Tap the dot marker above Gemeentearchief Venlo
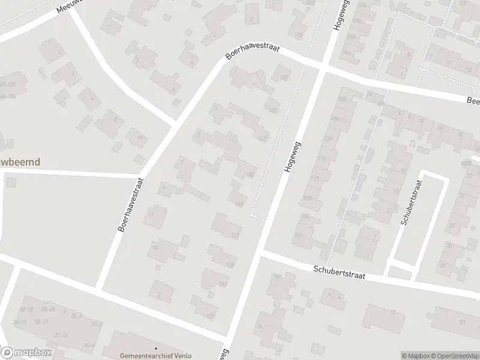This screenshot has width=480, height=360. (x=155, y=347)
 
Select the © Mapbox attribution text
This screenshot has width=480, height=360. (x=415, y=356)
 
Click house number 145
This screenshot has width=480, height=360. (x=250, y=175)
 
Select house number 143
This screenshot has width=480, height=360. (x=239, y=205)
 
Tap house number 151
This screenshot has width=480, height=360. (x=283, y=78)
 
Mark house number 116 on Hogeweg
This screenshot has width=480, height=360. (x=320, y=158)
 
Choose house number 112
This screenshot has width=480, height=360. (x=313, y=178)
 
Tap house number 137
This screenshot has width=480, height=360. (x=230, y=265)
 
